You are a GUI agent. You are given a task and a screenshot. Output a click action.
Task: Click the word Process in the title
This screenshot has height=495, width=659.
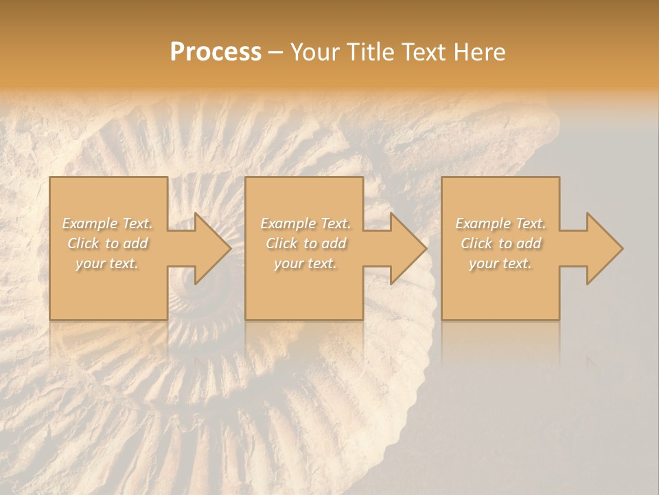[216, 52]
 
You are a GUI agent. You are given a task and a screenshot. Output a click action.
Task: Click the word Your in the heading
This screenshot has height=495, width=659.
[314, 52]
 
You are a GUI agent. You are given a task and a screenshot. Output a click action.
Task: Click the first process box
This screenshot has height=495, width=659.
[108, 289]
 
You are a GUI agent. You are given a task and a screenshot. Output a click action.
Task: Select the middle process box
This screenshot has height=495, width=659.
[304, 289]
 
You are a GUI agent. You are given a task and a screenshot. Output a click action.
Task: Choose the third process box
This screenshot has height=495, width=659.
[500, 289]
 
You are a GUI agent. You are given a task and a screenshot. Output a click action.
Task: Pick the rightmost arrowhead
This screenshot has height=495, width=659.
[601, 248]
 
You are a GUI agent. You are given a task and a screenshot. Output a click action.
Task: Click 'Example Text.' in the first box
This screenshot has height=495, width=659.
[108, 223]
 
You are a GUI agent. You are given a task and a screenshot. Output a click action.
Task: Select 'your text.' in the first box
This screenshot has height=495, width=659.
[108, 263]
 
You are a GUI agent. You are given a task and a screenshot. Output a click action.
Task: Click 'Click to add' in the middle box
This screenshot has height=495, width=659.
[305, 243]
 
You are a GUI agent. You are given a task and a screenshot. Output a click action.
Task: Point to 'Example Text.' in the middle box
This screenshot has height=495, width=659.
[305, 223]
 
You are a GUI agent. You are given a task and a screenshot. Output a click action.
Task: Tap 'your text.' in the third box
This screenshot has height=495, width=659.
[500, 263]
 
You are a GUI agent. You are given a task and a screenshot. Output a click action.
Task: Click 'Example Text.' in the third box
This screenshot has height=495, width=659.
[500, 223]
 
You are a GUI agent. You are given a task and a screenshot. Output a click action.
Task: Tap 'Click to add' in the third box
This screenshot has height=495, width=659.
[500, 243]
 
